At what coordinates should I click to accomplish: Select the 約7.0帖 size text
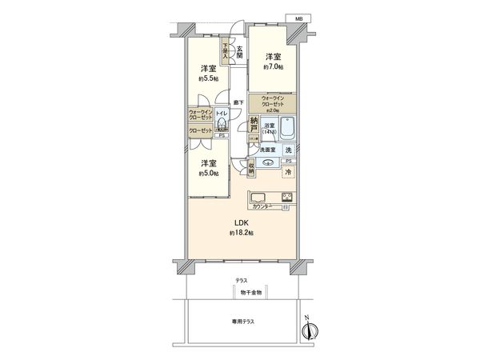[272, 68]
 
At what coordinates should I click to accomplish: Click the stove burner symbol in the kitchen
[286, 198]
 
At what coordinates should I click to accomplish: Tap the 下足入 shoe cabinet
[226, 52]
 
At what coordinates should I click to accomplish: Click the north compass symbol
[313, 330]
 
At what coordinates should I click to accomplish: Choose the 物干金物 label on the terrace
[242, 291]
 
